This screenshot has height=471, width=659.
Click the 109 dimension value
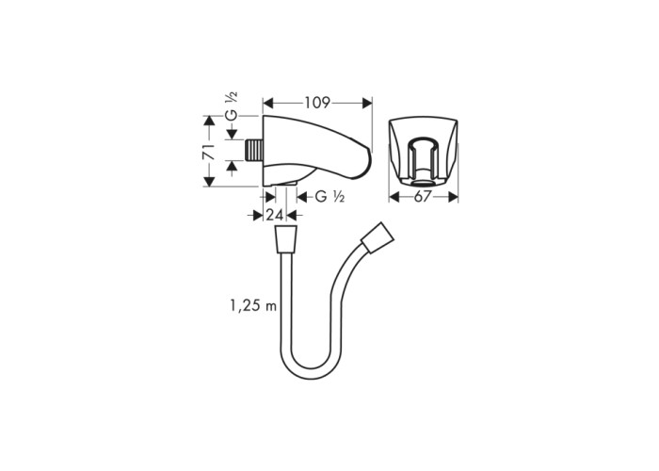(317, 103)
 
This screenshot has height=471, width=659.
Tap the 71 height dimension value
(209, 152)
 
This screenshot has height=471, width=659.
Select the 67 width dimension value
(423, 197)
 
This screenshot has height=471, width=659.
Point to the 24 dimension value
(275, 216)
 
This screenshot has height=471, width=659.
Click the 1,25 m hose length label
(253, 306)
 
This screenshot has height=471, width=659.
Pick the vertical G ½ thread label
(232, 106)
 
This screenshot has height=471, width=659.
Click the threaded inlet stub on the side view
(254, 149)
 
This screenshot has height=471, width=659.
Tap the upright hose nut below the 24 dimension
(286, 239)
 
